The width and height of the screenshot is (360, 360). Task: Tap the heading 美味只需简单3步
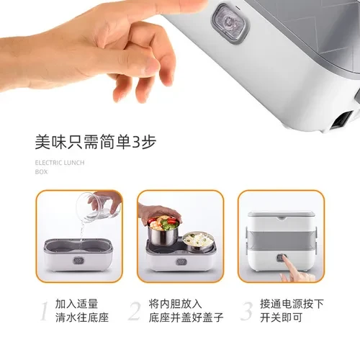tap(96, 142)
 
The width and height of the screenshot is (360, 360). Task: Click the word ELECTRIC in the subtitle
tap(48, 163)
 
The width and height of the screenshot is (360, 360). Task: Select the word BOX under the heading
tap(41, 172)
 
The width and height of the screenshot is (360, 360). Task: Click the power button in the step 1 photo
tap(78, 261)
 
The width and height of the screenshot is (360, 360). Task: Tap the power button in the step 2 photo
tap(181, 261)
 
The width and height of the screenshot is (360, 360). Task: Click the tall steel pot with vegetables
tap(163, 231)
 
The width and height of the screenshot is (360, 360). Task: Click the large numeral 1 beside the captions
tap(44, 311)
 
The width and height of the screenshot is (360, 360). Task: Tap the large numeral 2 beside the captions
tap(135, 311)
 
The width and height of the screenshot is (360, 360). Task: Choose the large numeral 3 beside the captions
tap(247, 311)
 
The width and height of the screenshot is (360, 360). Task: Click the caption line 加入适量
tap(76, 304)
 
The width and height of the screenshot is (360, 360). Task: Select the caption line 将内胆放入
tap(175, 304)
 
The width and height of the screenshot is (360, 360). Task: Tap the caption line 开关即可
tap(281, 318)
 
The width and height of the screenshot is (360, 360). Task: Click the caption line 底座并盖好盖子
tap(186, 318)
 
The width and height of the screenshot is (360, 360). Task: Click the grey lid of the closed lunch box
tap(282, 215)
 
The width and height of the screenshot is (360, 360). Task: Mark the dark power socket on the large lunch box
tap(342, 120)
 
